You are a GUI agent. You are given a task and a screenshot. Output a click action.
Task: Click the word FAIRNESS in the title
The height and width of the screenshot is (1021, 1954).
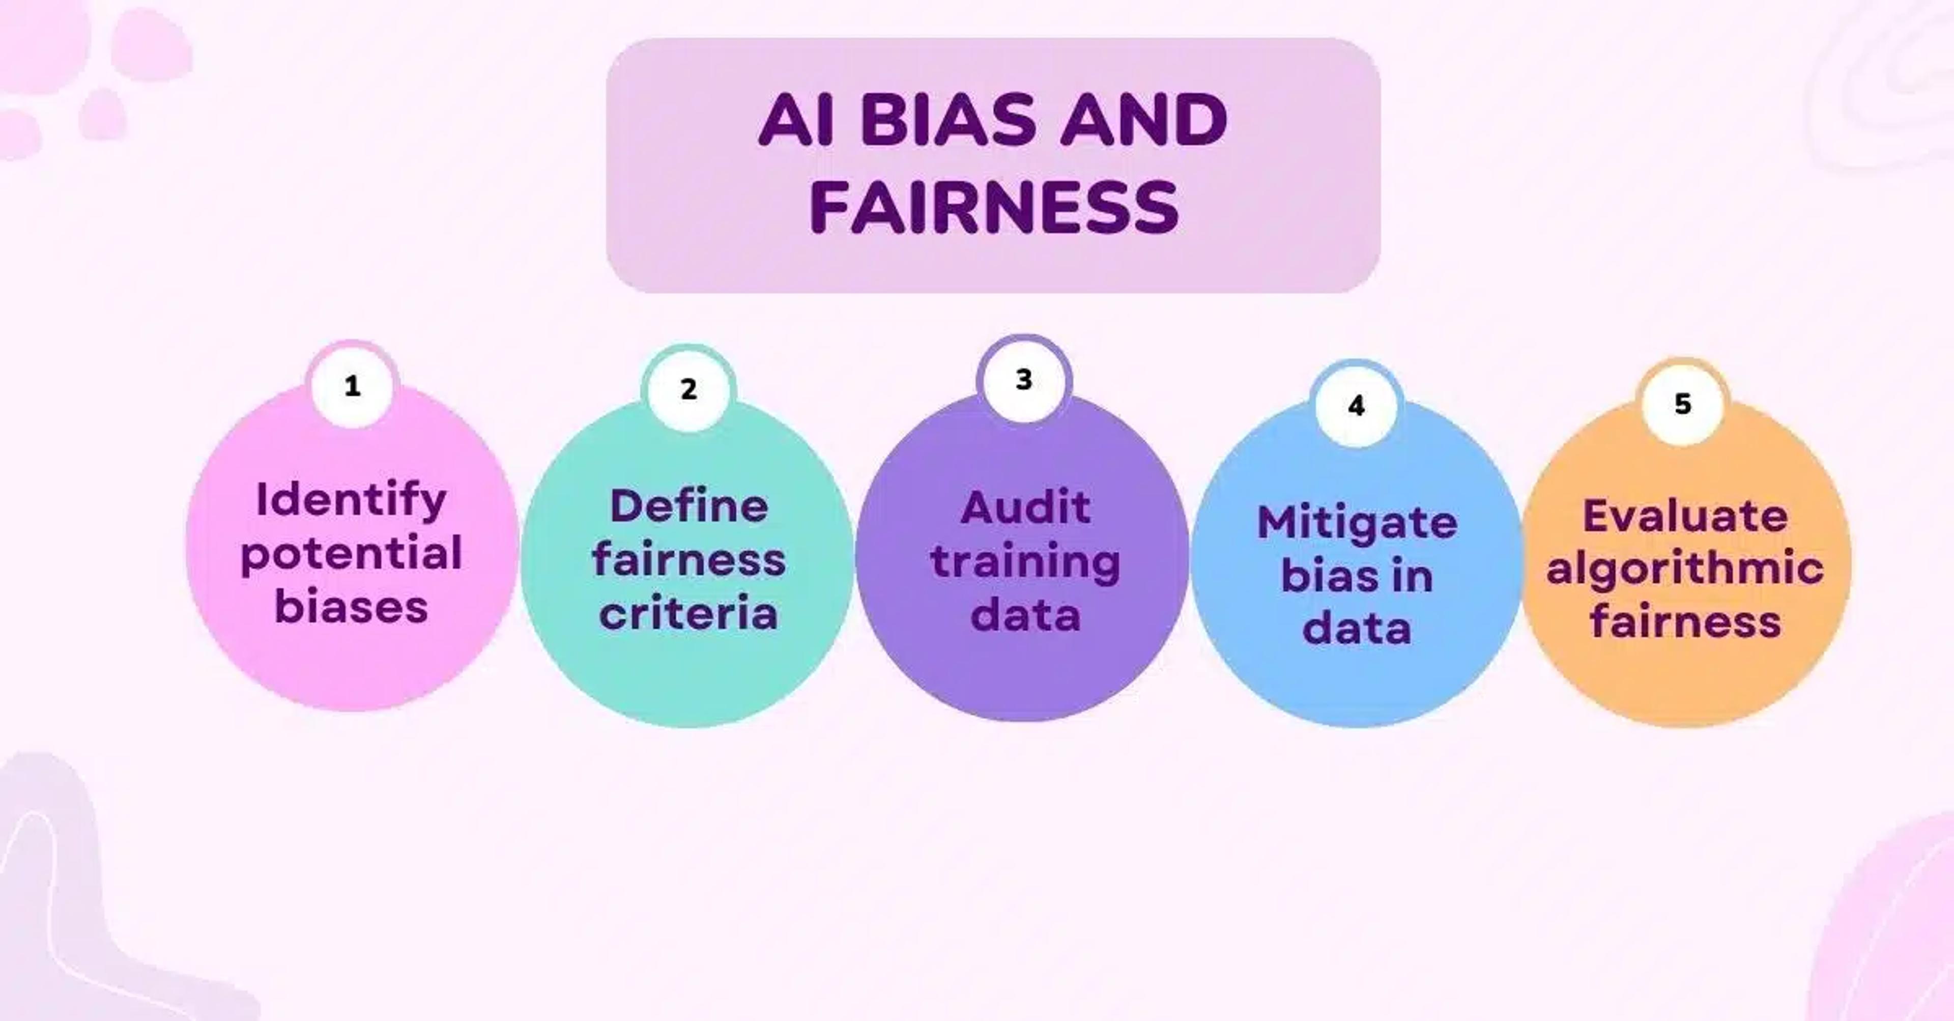click(994, 207)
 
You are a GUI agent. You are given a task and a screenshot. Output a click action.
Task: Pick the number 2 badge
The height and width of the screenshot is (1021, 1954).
click(688, 389)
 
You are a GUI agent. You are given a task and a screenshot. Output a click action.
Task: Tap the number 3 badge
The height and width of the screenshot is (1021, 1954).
click(1024, 379)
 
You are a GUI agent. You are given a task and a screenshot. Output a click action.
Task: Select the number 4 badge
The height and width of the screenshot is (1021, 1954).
click(1356, 406)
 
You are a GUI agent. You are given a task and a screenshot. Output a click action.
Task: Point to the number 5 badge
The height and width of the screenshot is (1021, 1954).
click(1682, 404)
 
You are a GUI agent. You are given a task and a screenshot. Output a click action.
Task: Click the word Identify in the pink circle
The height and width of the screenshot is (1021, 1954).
click(351, 501)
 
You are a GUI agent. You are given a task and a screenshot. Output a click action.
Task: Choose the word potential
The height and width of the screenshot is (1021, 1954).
click(351, 554)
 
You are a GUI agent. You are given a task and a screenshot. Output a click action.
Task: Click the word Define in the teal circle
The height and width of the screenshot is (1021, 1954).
click(689, 506)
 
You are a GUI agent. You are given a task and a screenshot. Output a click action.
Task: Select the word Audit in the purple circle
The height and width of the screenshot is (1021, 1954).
click(1025, 507)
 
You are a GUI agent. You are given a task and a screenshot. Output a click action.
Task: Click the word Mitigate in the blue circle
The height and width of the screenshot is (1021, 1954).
click(1357, 523)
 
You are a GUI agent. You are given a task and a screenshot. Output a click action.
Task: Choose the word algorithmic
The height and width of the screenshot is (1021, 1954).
click(1685, 569)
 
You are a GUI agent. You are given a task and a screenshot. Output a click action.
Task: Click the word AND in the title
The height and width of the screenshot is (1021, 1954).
click(1143, 121)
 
